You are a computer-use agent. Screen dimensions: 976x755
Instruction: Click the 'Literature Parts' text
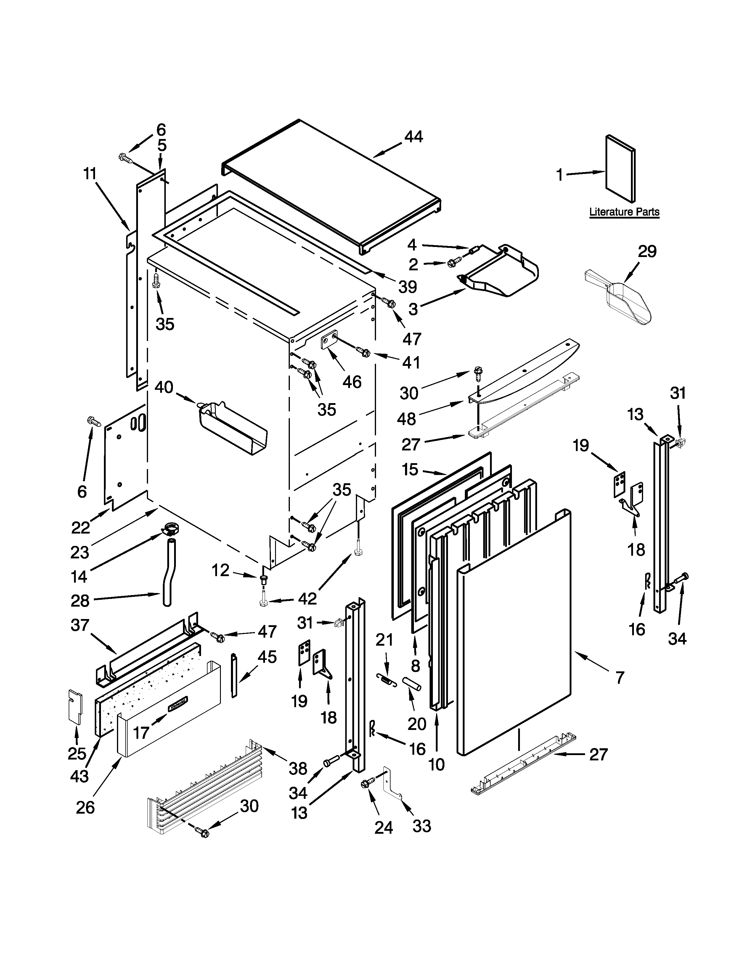click(624, 211)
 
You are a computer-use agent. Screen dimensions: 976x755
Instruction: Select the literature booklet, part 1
click(620, 169)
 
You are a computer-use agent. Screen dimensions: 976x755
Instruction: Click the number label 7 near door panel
click(619, 678)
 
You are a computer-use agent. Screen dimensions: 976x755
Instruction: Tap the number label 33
click(421, 826)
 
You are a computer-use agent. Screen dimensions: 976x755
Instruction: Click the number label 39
click(407, 287)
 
